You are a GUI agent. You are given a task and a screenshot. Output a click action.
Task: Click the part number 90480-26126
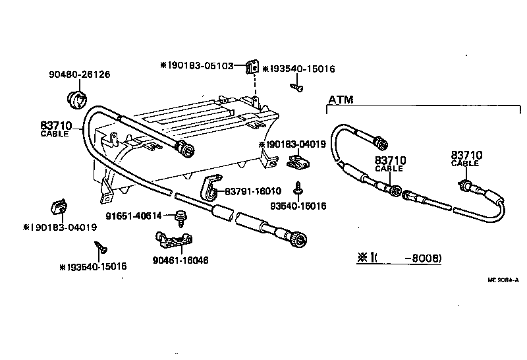pyautogui.click(x=79, y=75)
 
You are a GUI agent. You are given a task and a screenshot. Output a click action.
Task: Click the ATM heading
pyautogui.click(x=341, y=100)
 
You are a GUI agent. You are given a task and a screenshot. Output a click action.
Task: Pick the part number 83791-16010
pyautogui.click(x=253, y=191)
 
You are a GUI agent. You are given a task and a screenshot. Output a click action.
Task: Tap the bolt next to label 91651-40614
pyautogui.click(x=179, y=216)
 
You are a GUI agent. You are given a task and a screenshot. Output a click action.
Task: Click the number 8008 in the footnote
pyautogui.click(x=426, y=258)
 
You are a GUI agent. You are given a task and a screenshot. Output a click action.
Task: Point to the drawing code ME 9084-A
pyautogui.click(x=503, y=280)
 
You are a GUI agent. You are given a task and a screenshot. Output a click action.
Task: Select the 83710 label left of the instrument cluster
pyautogui.click(x=59, y=124)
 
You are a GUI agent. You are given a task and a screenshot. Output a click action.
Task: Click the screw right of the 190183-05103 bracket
pyautogui.click(x=298, y=86)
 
